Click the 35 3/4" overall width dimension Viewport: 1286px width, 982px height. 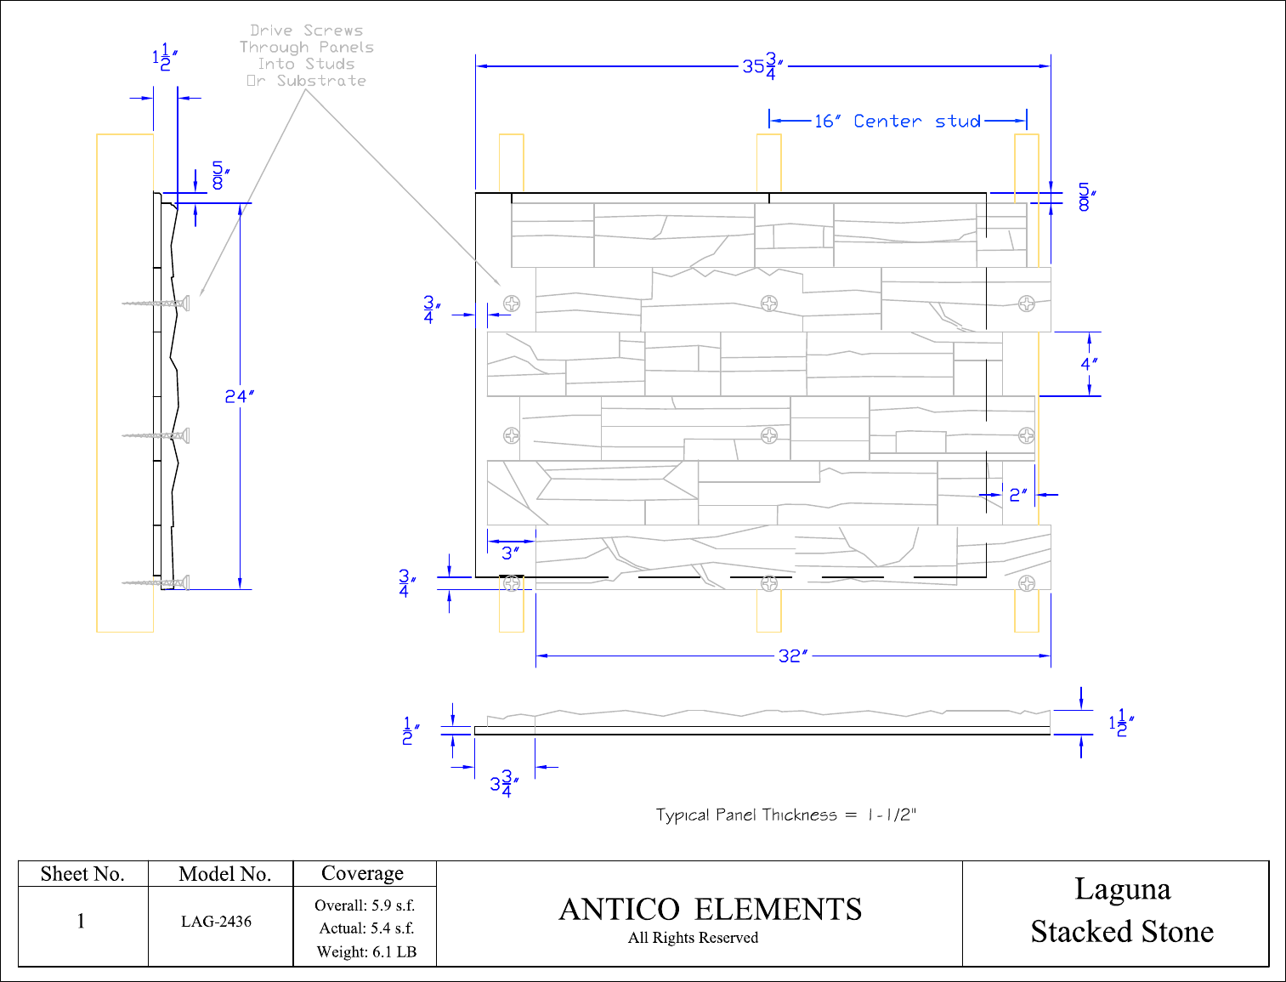pos(762,66)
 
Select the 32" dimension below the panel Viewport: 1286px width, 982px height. pos(793,656)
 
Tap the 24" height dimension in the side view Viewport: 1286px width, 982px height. pos(239,397)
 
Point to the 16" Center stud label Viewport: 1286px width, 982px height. pos(898,122)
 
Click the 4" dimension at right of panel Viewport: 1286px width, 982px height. pos(1089,364)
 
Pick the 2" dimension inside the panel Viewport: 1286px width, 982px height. pos(1018,496)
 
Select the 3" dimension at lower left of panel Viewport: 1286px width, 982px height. pos(510,553)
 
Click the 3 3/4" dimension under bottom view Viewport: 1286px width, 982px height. pos(504,784)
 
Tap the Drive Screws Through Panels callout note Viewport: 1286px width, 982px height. pos(307,55)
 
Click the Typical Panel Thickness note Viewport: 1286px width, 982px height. pos(785,815)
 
